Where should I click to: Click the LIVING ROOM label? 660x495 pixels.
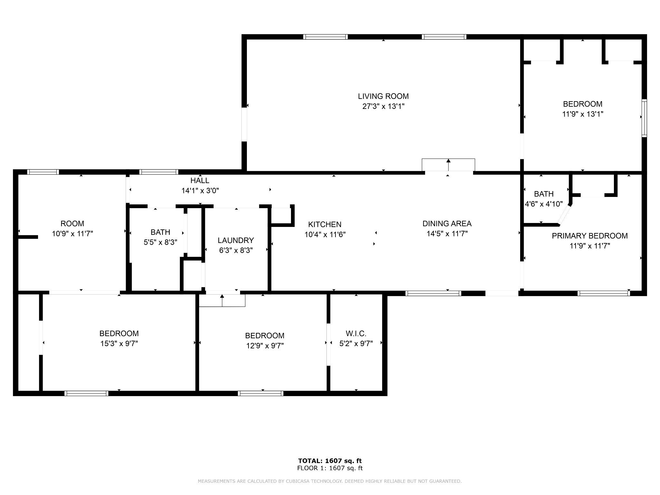(x=383, y=96)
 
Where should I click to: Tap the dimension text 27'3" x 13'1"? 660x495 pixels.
(x=383, y=106)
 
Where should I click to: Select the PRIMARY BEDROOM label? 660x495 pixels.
(x=590, y=236)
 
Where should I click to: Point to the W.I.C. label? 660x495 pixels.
(x=356, y=334)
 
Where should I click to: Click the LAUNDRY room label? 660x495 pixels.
(x=236, y=240)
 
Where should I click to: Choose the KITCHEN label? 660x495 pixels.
(x=325, y=224)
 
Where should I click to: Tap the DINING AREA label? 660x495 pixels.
(x=447, y=224)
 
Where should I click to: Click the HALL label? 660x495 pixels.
(x=200, y=180)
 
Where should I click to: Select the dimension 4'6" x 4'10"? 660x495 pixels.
(x=544, y=204)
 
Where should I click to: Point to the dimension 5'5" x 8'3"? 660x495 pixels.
(x=160, y=242)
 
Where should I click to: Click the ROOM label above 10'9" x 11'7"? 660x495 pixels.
(x=73, y=224)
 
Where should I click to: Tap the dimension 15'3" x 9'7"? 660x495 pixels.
(x=119, y=344)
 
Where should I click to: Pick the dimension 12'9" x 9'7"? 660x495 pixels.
(x=265, y=346)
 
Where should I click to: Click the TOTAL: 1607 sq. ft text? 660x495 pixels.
(x=330, y=461)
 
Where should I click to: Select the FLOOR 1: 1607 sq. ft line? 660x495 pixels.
(x=330, y=468)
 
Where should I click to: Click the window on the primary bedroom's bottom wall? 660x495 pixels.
(x=604, y=293)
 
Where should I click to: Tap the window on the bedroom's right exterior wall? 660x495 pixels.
(x=644, y=118)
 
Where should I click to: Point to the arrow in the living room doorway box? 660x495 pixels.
(x=448, y=165)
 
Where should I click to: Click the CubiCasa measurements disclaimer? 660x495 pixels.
(x=330, y=481)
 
